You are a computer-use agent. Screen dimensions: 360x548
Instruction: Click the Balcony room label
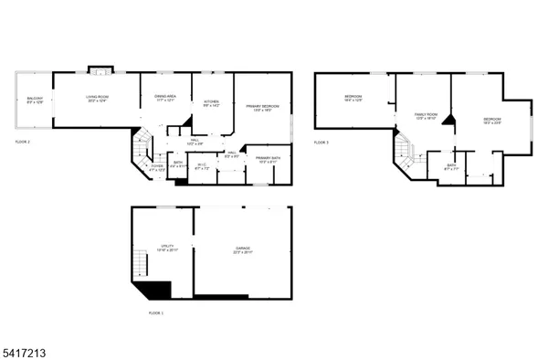click(34, 99)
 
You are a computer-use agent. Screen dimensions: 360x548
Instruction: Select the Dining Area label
click(165, 98)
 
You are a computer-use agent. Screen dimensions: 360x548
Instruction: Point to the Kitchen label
click(211, 103)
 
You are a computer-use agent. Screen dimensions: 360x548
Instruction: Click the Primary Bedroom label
click(261, 107)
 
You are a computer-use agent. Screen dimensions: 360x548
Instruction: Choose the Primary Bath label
click(268, 159)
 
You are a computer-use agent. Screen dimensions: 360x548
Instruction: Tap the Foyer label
click(156, 167)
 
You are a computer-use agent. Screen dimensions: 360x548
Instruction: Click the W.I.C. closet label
click(203, 166)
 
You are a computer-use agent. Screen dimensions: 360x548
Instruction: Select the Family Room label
click(427, 116)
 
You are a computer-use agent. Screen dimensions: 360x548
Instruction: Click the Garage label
click(242, 249)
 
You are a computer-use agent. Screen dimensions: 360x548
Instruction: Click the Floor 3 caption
click(321, 143)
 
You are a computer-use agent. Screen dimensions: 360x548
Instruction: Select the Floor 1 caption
click(156, 312)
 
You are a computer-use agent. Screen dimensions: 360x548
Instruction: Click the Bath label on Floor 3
click(448, 167)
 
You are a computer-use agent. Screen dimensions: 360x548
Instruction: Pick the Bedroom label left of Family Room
click(353, 99)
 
